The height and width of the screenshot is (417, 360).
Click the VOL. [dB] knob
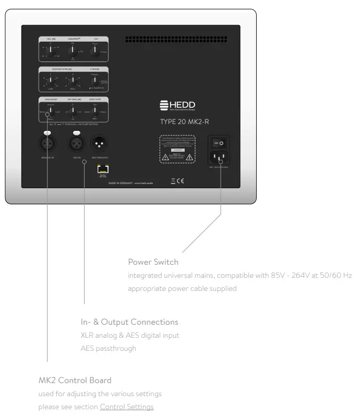point(51,51)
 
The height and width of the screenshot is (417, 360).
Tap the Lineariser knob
point(73,51)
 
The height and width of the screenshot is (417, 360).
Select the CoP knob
point(94,50)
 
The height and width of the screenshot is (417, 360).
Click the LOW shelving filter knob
point(50,80)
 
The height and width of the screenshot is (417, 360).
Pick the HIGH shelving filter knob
point(72,80)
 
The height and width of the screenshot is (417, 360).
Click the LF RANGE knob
point(94,81)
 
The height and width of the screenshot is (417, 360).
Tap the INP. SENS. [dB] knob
point(73,111)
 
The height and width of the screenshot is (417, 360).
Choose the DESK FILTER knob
point(94,110)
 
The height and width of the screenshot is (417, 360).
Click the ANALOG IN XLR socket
point(49,142)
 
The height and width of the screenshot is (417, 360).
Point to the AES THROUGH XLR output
point(99,142)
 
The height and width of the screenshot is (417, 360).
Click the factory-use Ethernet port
point(102,168)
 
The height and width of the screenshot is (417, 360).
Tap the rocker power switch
point(220,142)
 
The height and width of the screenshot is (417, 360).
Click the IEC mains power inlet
point(220,157)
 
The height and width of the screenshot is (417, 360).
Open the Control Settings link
point(127,407)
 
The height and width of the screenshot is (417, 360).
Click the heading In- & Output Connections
point(129,322)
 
